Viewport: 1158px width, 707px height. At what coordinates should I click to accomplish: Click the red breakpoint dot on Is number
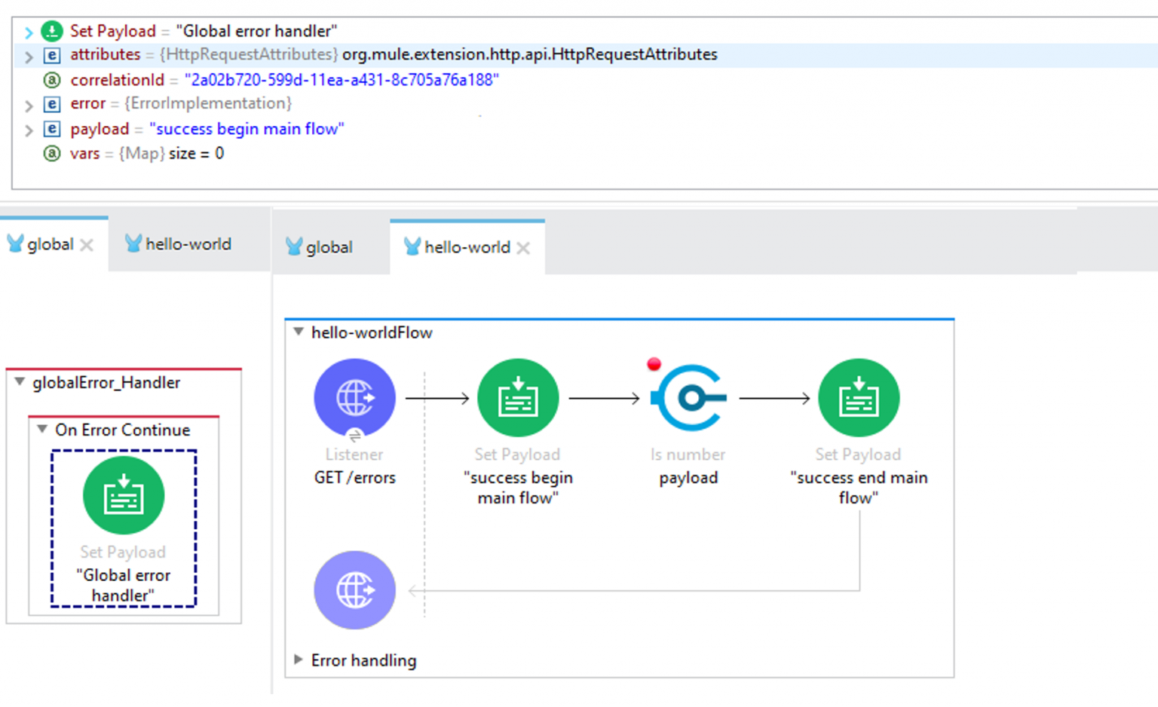click(654, 364)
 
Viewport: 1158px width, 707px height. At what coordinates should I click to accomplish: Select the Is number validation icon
click(688, 398)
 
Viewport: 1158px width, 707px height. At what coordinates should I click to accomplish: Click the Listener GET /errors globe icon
click(354, 398)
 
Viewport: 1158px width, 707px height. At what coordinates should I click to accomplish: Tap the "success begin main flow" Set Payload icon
click(518, 398)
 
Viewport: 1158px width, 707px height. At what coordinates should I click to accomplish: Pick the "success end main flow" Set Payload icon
click(859, 398)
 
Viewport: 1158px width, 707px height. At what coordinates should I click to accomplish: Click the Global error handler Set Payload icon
click(124, 495)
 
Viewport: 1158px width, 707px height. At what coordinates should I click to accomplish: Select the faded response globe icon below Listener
click(354, 590)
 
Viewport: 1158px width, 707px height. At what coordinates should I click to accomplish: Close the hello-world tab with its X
click(523, 248)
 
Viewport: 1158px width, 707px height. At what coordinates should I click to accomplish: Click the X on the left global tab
click(87, 245)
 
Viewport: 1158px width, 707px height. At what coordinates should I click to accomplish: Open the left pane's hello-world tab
click(179, 244)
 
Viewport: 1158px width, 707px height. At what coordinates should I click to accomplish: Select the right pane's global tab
click(320, 247)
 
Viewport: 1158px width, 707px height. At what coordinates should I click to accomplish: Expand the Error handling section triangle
click(299, 660)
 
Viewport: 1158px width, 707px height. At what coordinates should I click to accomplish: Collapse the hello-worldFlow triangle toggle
click(299, 332)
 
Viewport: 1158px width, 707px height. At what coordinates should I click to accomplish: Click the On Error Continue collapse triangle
click(42, 428)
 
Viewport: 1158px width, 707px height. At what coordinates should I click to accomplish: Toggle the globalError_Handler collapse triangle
click(20, 381)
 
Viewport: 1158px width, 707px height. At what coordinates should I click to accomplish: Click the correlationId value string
click(342, 80)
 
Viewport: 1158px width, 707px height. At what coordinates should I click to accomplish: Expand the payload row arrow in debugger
click(29, 130)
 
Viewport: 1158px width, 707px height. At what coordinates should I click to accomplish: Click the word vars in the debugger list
click(84, 154)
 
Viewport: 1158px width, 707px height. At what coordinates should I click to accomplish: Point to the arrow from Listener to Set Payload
click(437, 398)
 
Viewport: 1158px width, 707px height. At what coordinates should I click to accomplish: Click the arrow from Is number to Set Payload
click(774, 398)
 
